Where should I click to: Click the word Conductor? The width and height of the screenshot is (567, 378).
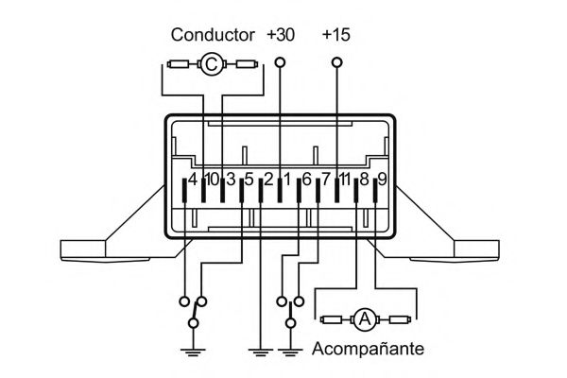click(212, 35)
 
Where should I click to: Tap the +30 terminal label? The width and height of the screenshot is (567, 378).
click(281, 35)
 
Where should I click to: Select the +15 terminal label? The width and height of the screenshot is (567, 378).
click(336, 35)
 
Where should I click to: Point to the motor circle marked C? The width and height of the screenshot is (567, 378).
click(213, 64)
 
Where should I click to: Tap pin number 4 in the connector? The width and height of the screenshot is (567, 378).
click(192, 178)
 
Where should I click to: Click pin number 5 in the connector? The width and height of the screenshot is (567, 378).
click(249, 178)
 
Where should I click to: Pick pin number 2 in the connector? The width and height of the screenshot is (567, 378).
click(268, 178)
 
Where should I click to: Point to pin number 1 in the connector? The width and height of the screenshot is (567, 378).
click(286, 178)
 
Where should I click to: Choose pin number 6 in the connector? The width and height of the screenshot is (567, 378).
click(305, 178)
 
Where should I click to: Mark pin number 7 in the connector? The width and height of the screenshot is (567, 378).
click(326, 178)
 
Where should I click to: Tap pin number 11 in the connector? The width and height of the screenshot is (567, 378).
click(344, 178)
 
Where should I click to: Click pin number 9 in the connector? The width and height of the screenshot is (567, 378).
click(382, 178)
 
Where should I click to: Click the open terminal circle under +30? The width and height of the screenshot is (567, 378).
click(280, 64)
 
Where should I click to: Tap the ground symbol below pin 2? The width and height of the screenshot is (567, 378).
click(260, 352)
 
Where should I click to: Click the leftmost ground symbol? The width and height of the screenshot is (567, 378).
click(193, 352)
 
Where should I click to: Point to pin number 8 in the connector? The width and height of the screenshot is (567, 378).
click(363, 178)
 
